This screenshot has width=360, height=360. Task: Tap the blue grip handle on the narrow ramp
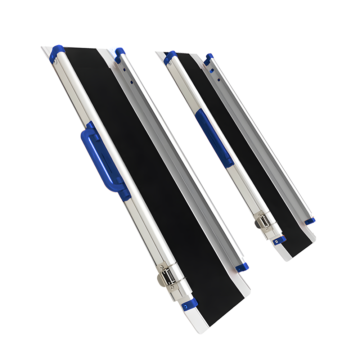[x=214, y=139]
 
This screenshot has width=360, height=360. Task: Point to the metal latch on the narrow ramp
[x=263, y=220]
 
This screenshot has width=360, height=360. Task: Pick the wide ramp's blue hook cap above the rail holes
[x=120, y=53]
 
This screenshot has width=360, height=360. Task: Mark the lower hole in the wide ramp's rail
[x=131, y=82]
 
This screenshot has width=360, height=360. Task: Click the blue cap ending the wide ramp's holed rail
[x=242, y=267]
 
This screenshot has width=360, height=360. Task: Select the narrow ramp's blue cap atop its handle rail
[x=170, y=57]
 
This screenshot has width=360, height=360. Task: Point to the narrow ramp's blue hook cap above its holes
[x=208, y=59]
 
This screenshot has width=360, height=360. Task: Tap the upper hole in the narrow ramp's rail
[x=212, y=71]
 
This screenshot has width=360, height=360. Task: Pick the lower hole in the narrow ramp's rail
[x=219, y=79]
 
